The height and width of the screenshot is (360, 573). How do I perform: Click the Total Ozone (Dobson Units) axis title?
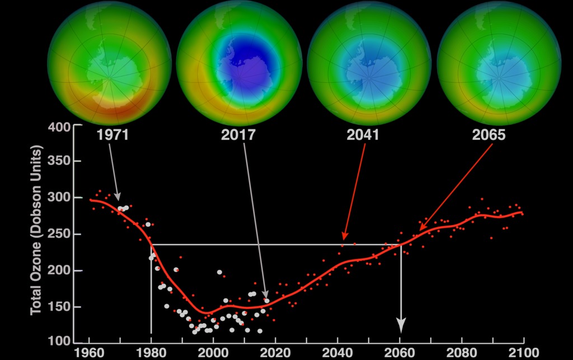(x=37, y=230)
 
